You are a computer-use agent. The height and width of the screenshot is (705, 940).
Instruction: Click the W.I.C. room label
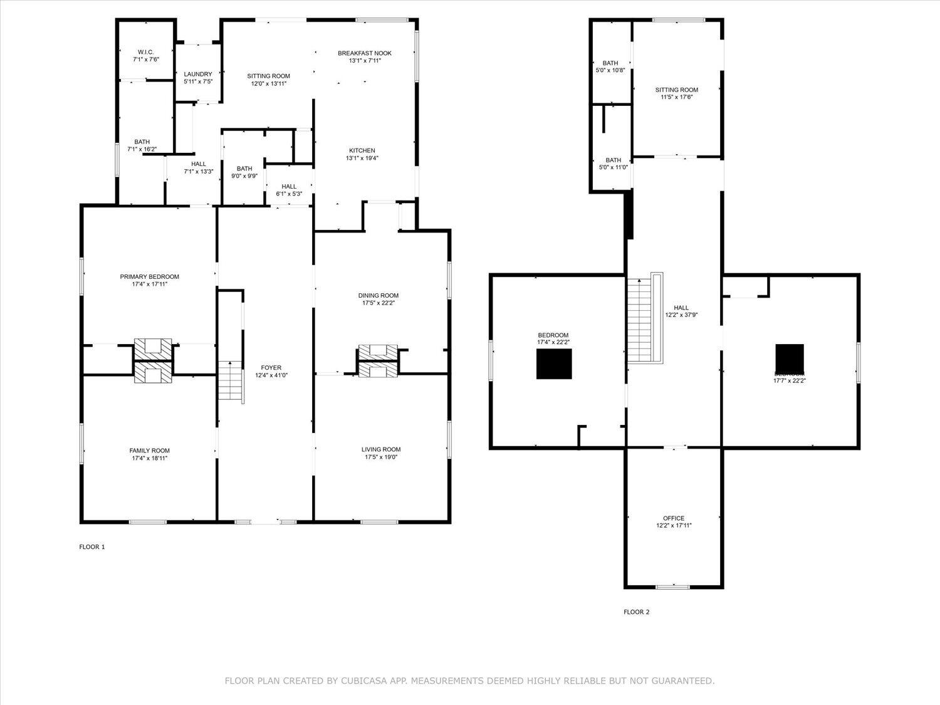pos(145,52)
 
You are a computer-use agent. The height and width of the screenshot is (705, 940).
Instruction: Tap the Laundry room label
pos(198,74)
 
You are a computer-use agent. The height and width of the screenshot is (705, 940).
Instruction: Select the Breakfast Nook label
pos(365,53)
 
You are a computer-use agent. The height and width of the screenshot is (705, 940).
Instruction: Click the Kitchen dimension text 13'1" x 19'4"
pos(362,158)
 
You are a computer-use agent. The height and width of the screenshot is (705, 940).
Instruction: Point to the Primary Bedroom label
pos(150,276)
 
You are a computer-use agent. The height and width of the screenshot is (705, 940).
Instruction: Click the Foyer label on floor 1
pos(271,368)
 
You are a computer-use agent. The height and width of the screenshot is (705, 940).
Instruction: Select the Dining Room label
pos(378,295)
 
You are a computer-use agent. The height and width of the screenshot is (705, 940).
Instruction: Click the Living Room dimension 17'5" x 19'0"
pos(380,457)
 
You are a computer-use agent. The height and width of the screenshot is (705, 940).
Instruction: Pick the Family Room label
pos(150,451)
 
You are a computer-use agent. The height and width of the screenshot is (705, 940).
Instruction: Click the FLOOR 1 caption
pos(91,547)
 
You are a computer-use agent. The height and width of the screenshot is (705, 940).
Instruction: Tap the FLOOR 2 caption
pos(636,612)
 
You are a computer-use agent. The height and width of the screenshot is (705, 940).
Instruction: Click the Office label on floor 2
pos(674,518)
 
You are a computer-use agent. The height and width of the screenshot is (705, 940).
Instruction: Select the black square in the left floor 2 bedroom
pos(554,364)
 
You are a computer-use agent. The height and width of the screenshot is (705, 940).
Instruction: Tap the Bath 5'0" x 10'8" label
pos(610,63)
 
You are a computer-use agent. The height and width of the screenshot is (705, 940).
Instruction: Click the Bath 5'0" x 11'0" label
pos(613,160)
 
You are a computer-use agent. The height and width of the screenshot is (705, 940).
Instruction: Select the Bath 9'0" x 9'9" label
pos(244,169)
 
